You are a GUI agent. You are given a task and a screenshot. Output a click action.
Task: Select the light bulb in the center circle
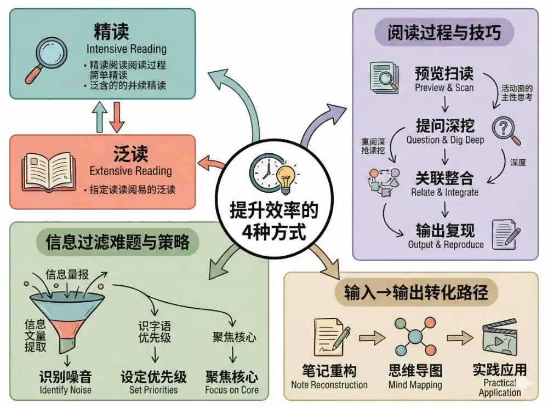click(286, 177)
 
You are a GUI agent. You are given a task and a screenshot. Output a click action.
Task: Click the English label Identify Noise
click(65, 390)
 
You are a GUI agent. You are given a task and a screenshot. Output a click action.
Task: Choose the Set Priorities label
click(153, 390)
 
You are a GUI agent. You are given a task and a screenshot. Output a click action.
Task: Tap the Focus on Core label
click(232, 390)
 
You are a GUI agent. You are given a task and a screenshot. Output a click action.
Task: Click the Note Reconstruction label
click(329, 384)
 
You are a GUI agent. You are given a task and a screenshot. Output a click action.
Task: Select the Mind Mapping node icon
click(414, 335)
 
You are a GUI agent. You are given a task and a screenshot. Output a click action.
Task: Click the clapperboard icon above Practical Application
click(500, 339)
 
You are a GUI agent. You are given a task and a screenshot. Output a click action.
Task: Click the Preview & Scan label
click(444, 88)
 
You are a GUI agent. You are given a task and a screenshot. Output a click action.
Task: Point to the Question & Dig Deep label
click(445, 140)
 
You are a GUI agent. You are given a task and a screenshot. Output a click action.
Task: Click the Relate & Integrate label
click(444, 192)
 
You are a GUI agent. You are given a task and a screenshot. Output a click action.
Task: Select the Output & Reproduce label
click(446, 244)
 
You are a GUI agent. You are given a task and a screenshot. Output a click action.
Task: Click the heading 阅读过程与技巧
click(444, 33)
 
